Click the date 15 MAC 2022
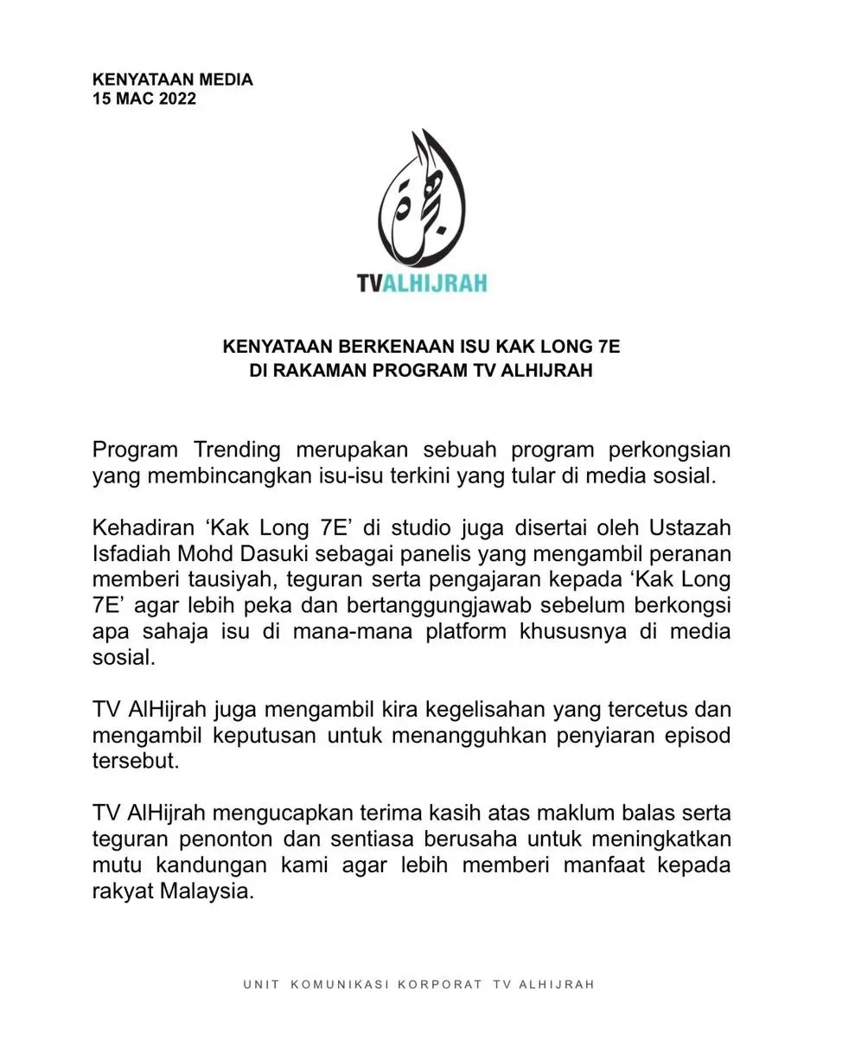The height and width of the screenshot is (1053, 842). (144, 99)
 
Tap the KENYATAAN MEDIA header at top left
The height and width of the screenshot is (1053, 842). (173, 80)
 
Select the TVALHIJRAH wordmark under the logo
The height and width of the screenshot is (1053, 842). (422, 283)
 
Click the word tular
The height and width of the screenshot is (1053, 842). (520, 475)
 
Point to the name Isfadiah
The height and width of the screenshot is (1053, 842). (132, 553)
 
